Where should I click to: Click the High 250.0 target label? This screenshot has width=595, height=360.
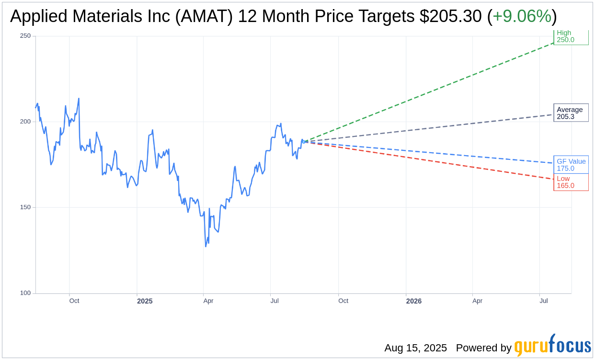(x=571, y=36)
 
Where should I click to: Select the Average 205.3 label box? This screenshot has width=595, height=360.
(x=571, y=113)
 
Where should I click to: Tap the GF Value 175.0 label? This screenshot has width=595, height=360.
(x=571, y=165)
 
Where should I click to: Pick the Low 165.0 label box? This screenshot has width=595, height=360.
(x=571, y=182)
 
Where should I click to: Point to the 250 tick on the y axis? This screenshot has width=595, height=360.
(x=25, y=36)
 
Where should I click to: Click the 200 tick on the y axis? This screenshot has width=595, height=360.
(x=25, y=122)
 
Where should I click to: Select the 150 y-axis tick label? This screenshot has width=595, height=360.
(x=25, y=207)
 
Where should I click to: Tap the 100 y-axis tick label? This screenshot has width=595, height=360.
(x=25, y=293)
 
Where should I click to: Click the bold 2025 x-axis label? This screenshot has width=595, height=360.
(x=145, y=301)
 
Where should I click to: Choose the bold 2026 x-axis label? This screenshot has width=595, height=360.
(x=413, y=301)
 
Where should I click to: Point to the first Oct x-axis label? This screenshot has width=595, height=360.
(x=74, y=301)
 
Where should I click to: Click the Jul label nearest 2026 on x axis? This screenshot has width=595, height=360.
(x=544, y=301)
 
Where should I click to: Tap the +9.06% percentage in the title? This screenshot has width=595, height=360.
(x=522, y=16)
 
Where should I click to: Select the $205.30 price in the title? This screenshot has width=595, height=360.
(x=450, y=16)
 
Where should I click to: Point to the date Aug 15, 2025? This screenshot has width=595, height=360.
(x=415, y=348)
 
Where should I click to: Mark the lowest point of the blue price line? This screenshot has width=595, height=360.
(x=206, y=246)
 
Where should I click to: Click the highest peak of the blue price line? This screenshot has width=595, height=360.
(x=79, y=99)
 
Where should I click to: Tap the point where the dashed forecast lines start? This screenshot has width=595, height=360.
(x=303, y=142)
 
